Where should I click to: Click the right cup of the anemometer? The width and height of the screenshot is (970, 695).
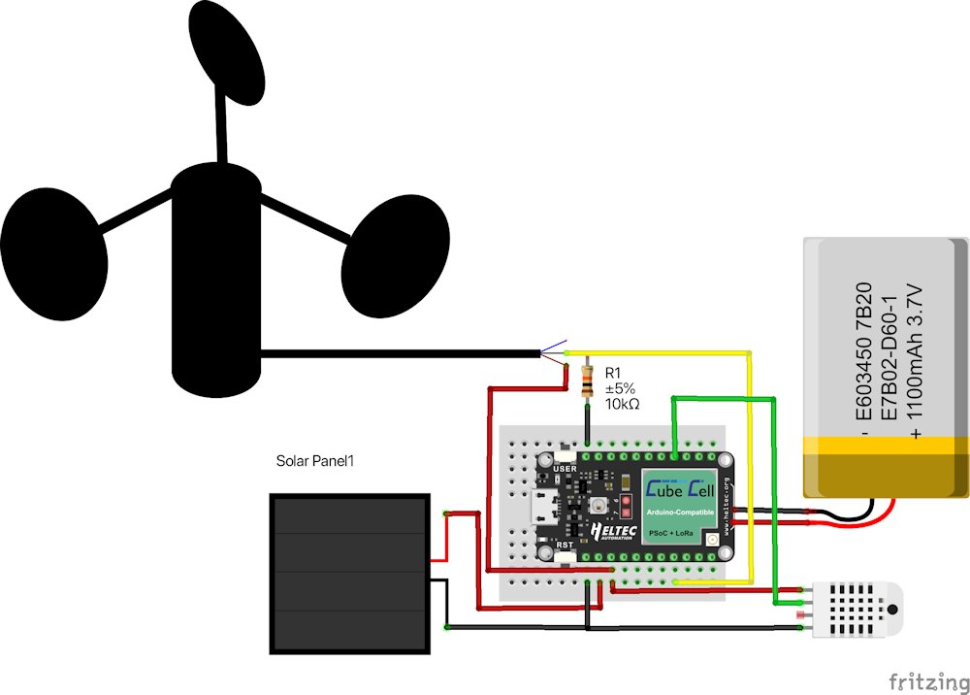pos(398,254)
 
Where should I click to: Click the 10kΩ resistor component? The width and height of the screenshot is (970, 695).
pos(587,381)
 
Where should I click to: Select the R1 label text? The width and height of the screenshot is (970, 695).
pos(613,373)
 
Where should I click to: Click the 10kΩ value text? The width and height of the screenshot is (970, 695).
pos(622,404)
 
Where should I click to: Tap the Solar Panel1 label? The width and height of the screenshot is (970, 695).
pos(315,461)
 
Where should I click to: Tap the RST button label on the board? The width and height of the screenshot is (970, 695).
pos(566,547)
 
